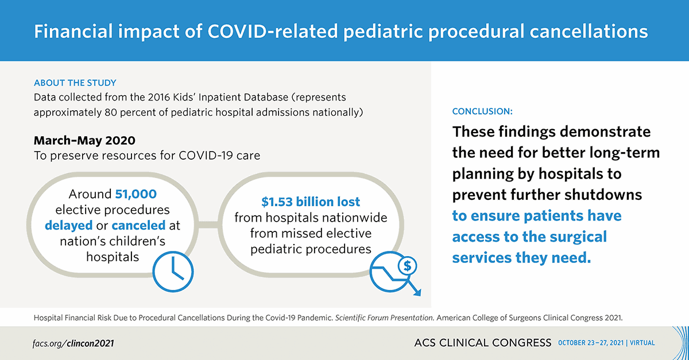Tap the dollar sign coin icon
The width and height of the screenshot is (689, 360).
[407, 266]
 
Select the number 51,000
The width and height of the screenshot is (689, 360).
[136, 194]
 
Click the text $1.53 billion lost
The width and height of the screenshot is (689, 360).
[311, 202]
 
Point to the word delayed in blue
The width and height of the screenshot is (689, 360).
[68, 225]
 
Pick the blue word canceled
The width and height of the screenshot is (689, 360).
[138, 225]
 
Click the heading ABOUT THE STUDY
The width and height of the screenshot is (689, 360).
[75, 83]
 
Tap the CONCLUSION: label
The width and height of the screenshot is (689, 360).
[482, 111]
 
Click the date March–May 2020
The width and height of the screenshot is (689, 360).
[84, 141]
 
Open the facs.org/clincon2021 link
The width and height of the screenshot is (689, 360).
[73, 343]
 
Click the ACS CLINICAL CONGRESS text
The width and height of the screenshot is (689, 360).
[482, 343]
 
